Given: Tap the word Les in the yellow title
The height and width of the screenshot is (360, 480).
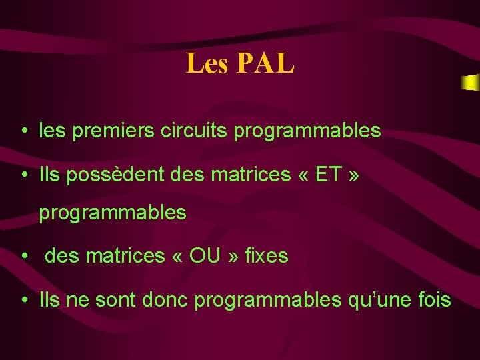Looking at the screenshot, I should [207, 63].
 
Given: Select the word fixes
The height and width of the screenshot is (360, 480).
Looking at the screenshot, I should [267, 255].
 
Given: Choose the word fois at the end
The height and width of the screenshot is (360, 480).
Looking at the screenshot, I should [436, 300].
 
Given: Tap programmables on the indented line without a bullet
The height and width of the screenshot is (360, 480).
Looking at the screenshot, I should [113, 214].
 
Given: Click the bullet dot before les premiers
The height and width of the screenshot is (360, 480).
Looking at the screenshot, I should [23, 131].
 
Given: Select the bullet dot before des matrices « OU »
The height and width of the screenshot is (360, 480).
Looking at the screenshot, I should [23, 256].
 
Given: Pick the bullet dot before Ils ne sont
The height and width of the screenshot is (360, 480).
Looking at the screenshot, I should [23, 301].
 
